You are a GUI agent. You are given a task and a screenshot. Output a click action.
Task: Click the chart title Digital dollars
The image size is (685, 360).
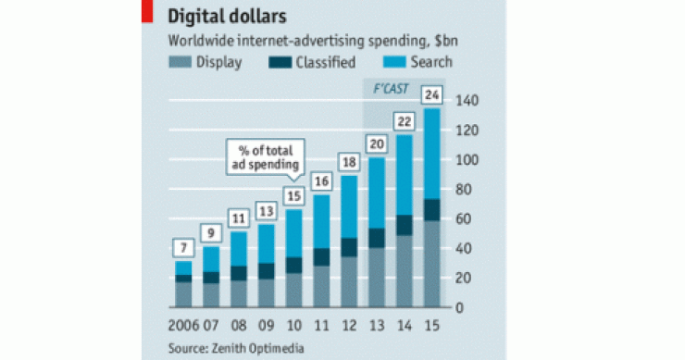(225, 16)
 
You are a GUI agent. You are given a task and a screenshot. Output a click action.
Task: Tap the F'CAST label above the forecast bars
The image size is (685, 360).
(379, 89)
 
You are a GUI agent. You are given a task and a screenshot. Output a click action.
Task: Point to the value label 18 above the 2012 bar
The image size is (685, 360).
(349, 162)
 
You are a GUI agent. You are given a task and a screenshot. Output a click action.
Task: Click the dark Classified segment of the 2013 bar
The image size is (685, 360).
(377, 238)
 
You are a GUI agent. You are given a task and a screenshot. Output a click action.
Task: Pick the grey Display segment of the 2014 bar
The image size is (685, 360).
(405, 268)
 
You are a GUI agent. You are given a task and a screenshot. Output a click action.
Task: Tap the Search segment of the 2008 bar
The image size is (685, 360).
(240, 248)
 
